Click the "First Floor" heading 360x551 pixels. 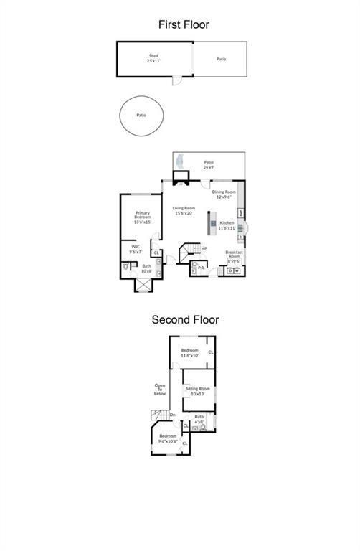coord(184,24)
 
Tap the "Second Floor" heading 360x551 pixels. coord(184,320)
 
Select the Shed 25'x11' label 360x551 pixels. coord(153,57)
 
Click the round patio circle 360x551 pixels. coord(141,115)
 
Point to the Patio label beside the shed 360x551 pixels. coord(222,59)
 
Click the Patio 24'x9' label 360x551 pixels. coord(209,164)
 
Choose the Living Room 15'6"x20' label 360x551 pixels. coord(184,211)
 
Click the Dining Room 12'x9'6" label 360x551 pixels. coord(224,194)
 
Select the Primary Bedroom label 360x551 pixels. coord(141,218)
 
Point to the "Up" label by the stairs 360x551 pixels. coord(204,248)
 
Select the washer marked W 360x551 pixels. coord(237,270)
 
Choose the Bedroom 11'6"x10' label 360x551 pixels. coord(189,353)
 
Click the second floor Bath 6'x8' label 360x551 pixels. coord(199,418)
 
